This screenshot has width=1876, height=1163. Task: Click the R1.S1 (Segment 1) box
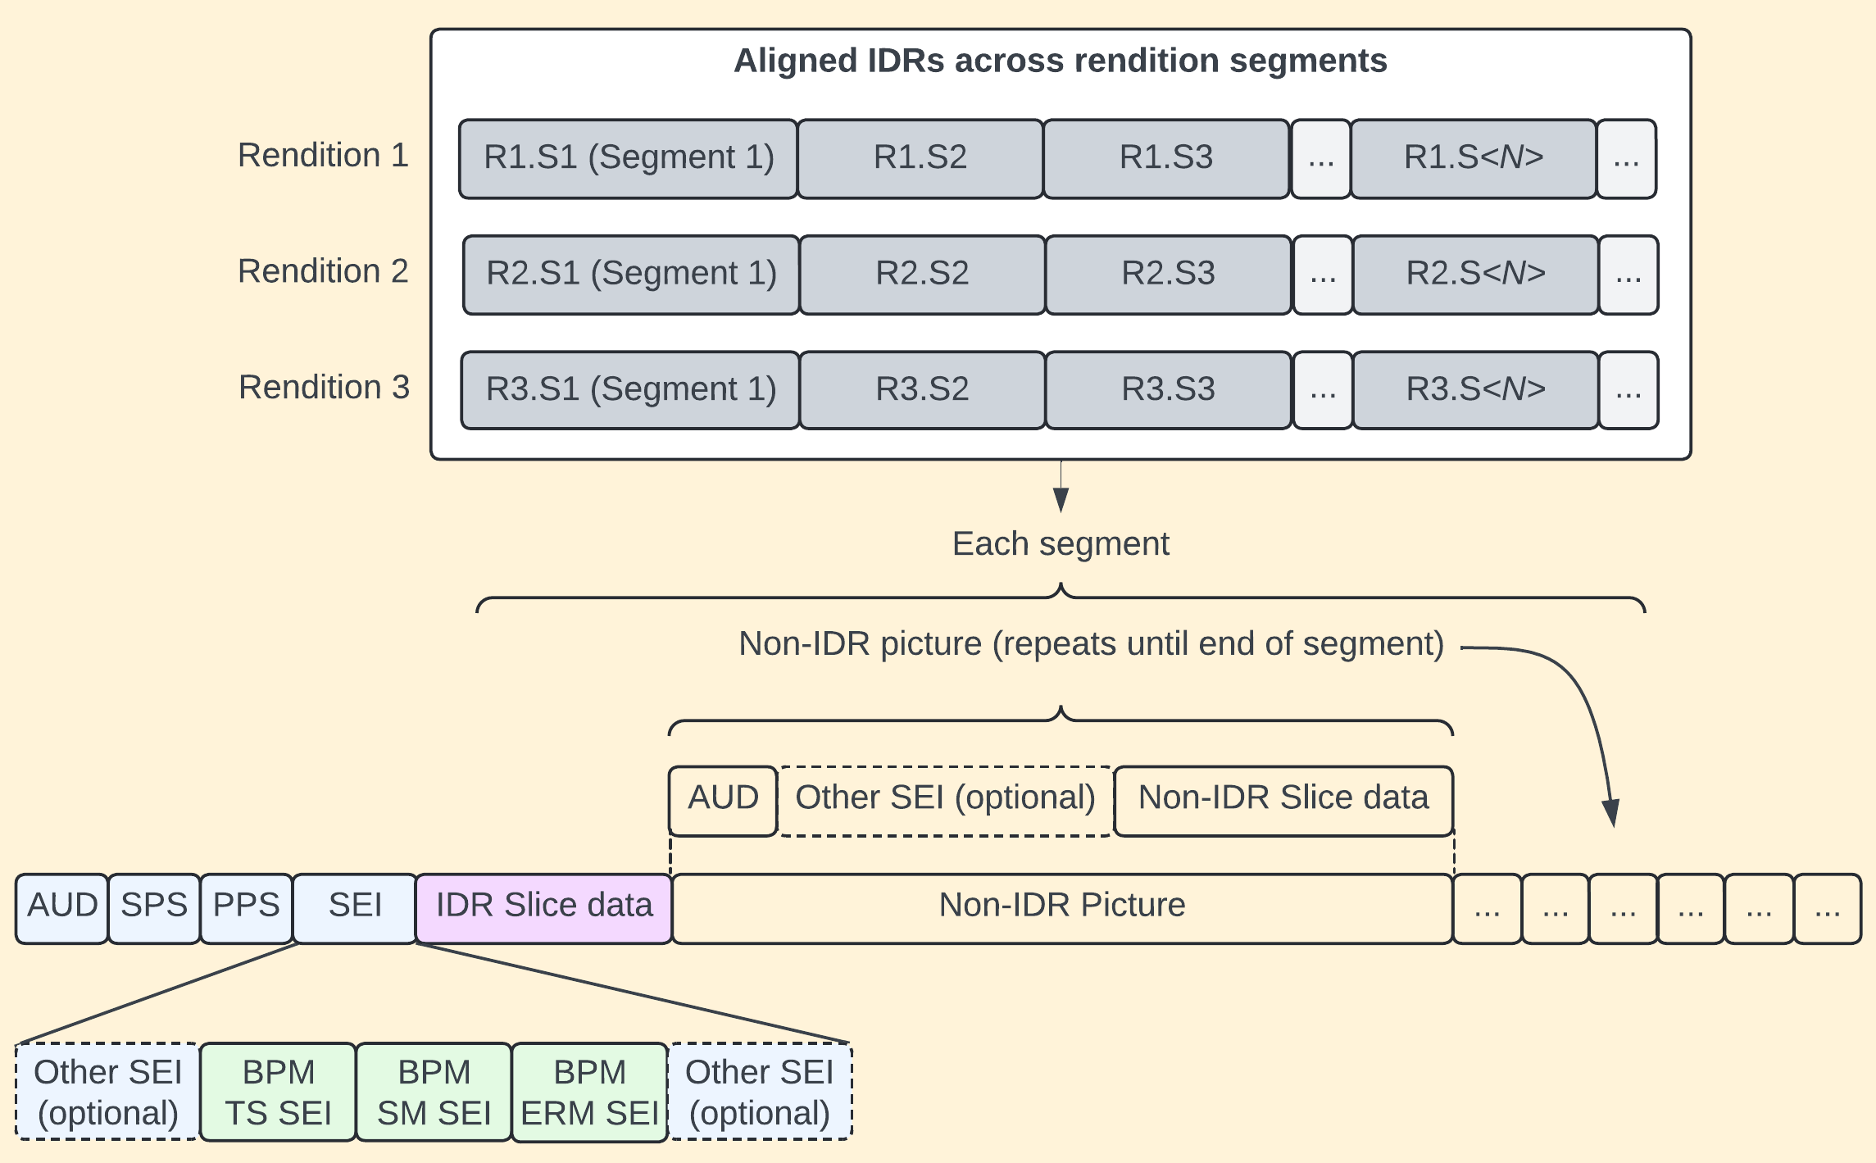(628, 158)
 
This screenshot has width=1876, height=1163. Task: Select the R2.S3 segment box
(1168, 275)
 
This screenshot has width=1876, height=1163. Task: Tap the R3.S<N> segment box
(1475, 390)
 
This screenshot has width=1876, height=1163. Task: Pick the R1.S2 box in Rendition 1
(920, 158)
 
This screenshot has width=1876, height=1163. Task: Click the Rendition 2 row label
(323, 271)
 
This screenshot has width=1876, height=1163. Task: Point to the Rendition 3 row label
(324, 388)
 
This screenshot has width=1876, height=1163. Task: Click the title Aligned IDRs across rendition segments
(1060, 61)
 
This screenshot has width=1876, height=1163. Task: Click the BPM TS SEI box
(278, 1092)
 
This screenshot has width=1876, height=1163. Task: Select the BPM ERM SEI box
(589, 1092)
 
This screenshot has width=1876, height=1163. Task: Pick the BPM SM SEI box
(434, 1092)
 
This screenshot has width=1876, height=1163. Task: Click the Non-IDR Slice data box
(1283, 800)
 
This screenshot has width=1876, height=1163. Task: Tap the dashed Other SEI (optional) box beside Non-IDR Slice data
(945, 800)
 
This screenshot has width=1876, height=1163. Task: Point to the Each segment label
(1060, 544)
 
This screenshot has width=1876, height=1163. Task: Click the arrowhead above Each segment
(1061, 499)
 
